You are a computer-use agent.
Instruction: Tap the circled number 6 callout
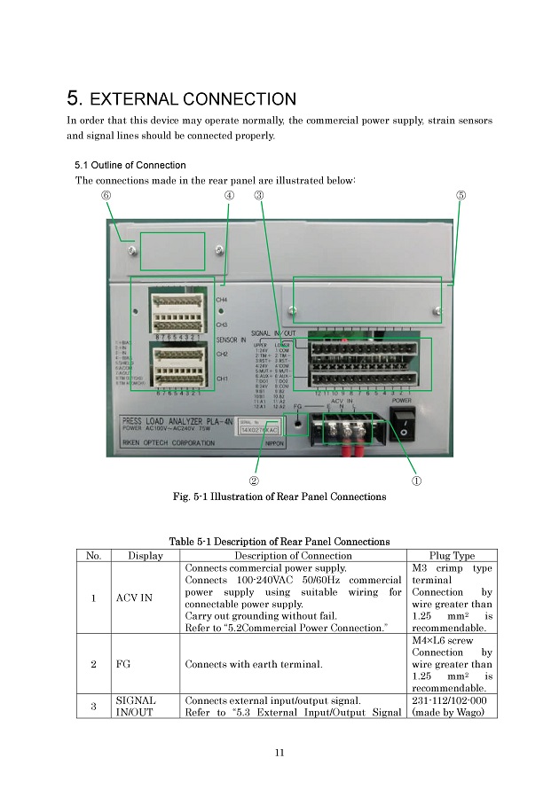tap(106, 195)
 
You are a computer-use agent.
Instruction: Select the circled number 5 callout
tap(461, 195)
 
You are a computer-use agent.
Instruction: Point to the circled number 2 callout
tap(254, 481)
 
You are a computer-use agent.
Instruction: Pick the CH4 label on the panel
tap(222, 300)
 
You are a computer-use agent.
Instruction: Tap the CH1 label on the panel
tap(222, 379)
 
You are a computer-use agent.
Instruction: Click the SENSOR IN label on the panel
tap(231, 339)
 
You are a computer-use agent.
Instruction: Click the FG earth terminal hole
tap(298, 425)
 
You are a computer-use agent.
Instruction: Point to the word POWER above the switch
tap(404, 400)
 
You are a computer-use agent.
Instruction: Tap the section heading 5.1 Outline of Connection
tap(130, 165)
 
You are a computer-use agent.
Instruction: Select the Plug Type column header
tap(452, 556)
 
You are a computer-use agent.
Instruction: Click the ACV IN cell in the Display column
tap(134, 598)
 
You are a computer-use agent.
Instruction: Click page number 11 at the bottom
tap(279, 754)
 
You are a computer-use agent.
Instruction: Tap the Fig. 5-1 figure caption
tap(279, 496)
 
